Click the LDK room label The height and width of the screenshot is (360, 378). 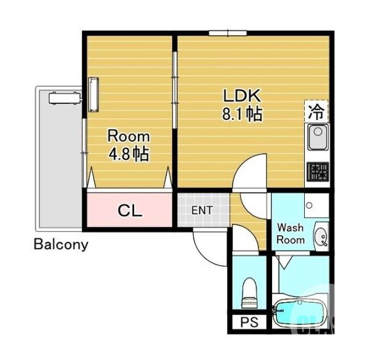click(x=242, y=95)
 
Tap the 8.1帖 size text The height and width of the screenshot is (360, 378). click(x=242, y=114)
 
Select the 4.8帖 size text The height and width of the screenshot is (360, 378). click(x=129, y=154)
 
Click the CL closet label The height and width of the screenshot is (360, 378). click(x=130, y=210)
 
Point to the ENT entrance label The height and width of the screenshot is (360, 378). click(x=202, y=210)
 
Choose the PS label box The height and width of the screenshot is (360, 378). click(x=249, y=322)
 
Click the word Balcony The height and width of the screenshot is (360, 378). click(x=61, y=244)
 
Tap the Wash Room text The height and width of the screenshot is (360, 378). click(x=290, y=233)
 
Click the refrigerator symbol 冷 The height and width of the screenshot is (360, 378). click(x=316, y=111)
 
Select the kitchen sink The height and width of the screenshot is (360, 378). click(x=318, y=137)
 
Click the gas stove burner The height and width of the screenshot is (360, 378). click(x=318, y=172)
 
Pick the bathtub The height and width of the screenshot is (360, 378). click(x=300, y=313)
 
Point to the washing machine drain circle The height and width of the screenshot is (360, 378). click(x=309, y=206)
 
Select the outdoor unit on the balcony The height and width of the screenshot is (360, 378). click(x=65, y=98)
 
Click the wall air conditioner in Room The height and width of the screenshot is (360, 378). click(x=94, y=94)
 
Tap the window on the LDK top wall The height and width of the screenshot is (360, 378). click(x=228, y=33)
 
